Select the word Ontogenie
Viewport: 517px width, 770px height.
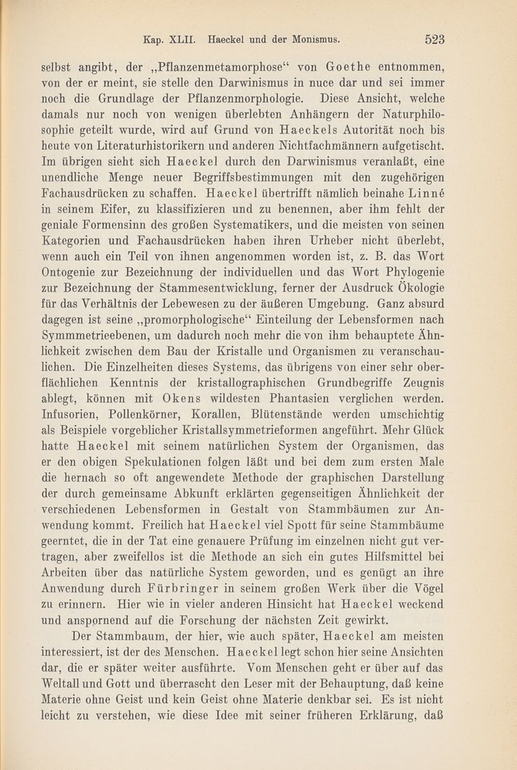(x=72, y=267)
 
